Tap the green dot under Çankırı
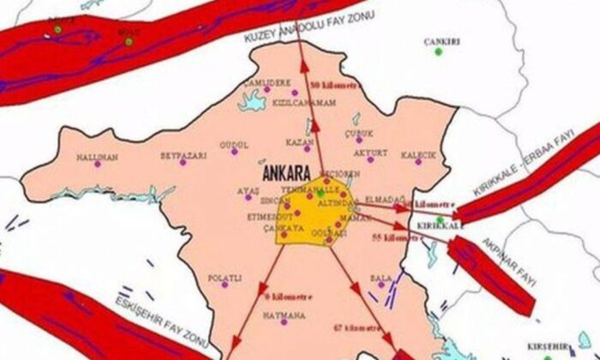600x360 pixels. (x=438, y=51)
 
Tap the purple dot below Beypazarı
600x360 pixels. (x=182, y=162)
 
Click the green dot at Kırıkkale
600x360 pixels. (x=439, y=219)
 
